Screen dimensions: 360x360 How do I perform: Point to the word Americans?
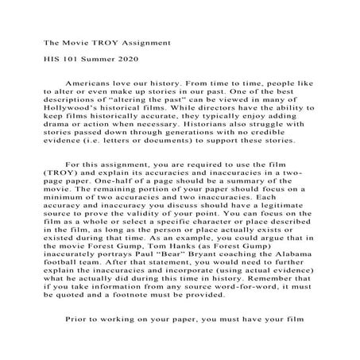pyautogui.click(x=91, y=82)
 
